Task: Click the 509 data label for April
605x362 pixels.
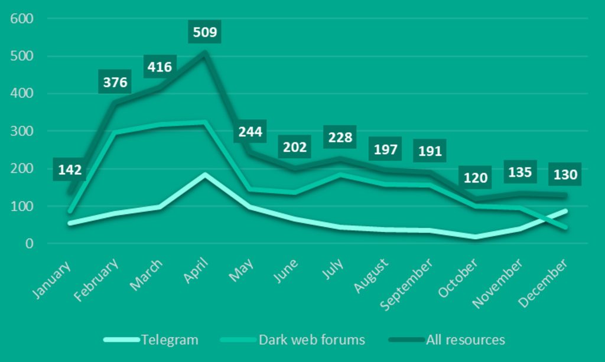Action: pyautogui.click(x=205, y=32)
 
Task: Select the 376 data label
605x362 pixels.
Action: pyautogui.click(x=115, y=82)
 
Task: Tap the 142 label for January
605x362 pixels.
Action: pyautogui.click(x=70, y=170)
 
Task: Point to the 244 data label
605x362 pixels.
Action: pyautogui.click(x=250, y=131)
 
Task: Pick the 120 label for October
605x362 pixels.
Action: pyautogui.click(x=474, y=178)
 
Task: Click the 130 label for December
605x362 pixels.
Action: pyautogui.click(x=565, y=175)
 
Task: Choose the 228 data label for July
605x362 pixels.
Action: pyautogui.click(x=340, y=138)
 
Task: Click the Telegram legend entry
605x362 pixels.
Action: pyautogui.click(x=170, y=340)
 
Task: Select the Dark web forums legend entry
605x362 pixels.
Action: pyautogui.click(x=311, y=340)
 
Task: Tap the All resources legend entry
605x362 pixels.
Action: pyautogui.click(x=465, y=340)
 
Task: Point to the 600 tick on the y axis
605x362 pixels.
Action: pyautogui.click(x=22, y=19)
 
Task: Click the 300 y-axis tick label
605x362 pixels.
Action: pyautogui.click(x=22, y=131)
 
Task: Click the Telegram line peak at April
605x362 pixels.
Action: pyautogui.click(x=205, y=175)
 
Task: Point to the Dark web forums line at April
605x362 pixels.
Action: pyautogui.click(x=205, y=122)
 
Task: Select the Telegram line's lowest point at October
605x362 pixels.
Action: pyautogui.click(x=475, y=237)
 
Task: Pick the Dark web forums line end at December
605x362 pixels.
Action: pyautogui.click(x=565, y=227)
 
